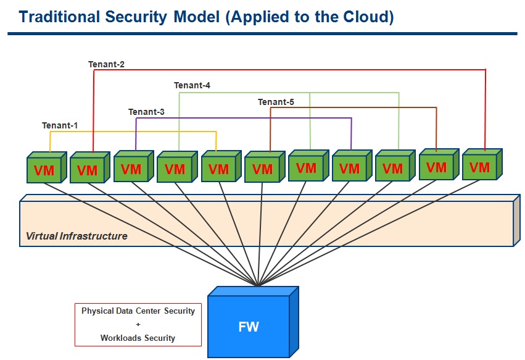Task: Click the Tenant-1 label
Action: click(60, 125)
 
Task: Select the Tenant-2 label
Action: click(107, 64)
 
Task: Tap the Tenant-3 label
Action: click(146, 112)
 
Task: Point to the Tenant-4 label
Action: click(192, 85)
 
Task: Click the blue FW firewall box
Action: click(253, 322)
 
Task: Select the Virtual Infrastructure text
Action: click(76, 236)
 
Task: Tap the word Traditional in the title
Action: click(59, 17)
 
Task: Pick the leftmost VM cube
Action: click(47, 167)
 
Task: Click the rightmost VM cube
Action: click(482, 164)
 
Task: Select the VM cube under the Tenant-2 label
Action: click(90, 167)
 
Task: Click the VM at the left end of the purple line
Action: click(134, 166)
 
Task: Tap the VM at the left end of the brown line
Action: click(265, 167)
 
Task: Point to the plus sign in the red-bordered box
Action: click(138, 324)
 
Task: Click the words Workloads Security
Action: click(138, 338)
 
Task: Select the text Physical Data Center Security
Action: click(138, 311)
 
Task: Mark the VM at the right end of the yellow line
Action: click(221, 166)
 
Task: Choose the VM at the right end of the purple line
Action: click(352, 165)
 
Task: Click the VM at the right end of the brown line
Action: click(439, 164)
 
